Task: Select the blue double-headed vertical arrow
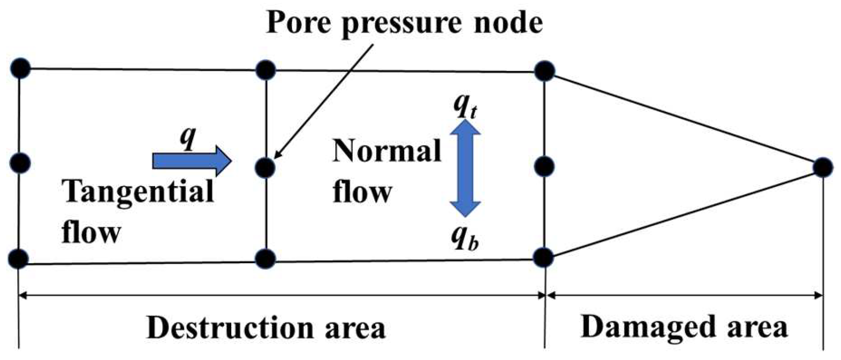pos(465,168)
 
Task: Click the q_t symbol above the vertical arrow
pos(465,107)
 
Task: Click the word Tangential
pos(138,191)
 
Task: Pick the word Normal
pos(387,150)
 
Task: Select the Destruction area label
pos(266,328)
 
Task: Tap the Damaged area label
pos(684,327)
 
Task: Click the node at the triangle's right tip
pos(823,167)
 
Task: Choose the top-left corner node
pos(20,68)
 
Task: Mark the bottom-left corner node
pos(18,259)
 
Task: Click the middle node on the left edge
pos(20,163)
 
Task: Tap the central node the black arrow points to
pos(265,168)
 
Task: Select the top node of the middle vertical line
pos(265,70)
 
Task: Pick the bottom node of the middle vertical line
pos(265,259)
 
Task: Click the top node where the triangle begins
pos(545,71)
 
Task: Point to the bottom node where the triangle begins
pos(543,257)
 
